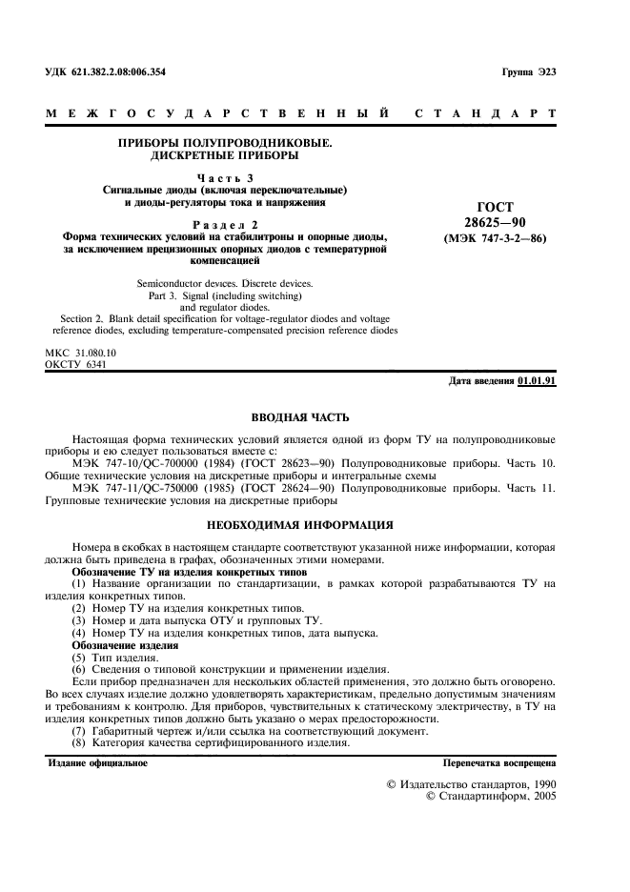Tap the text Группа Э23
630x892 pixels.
[x=527, y=73]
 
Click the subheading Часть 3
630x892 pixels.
[x=225, y=177]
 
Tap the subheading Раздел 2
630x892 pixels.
[x=225, y=225]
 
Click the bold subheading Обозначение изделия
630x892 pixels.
[x=125, y=646]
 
